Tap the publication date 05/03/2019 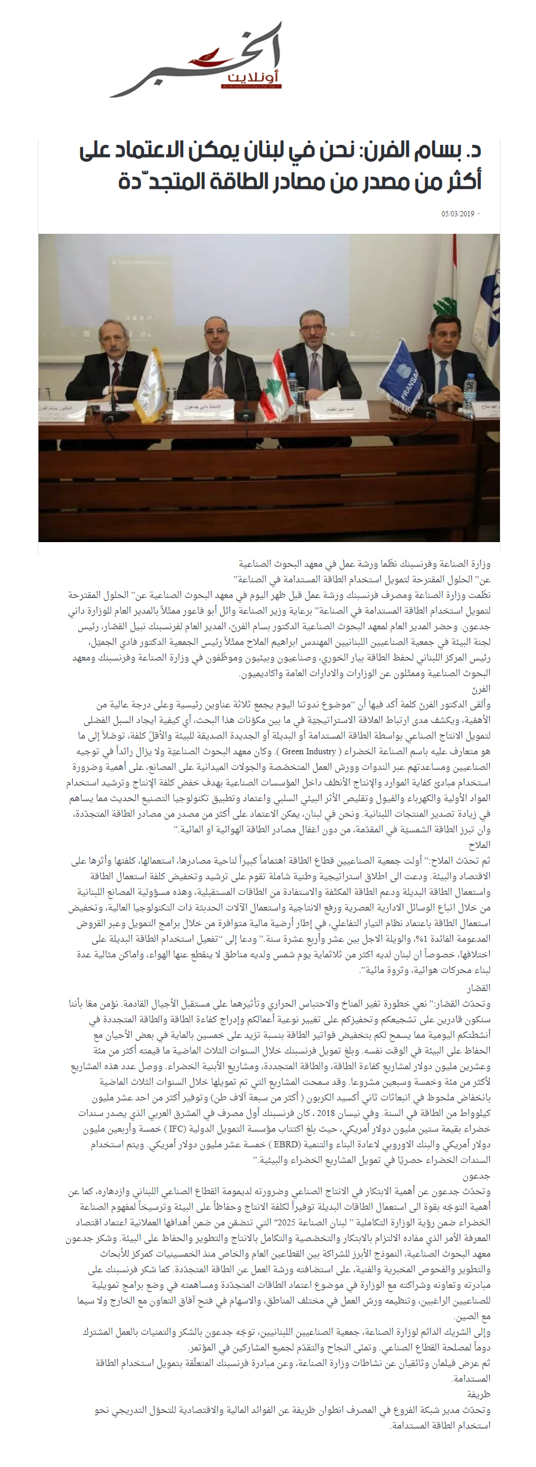[458, 213]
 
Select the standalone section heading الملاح [480, 844]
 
